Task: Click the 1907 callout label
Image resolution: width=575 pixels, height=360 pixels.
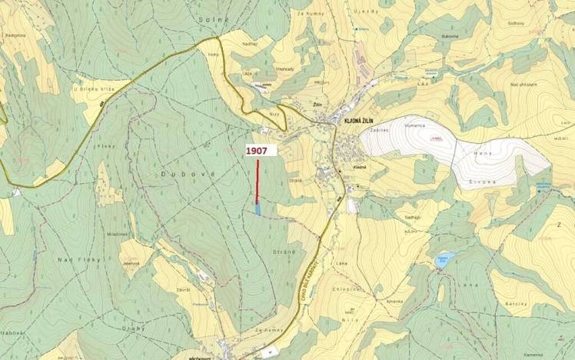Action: click(x=257, y=152)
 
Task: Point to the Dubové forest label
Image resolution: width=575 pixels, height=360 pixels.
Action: click(x=177, y=175)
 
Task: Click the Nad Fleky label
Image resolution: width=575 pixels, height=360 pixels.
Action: click(x=75, y=260)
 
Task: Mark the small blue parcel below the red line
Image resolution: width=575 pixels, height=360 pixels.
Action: click(x=258, y=208)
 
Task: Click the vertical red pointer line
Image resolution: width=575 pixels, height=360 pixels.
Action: click(x=257, y=181)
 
